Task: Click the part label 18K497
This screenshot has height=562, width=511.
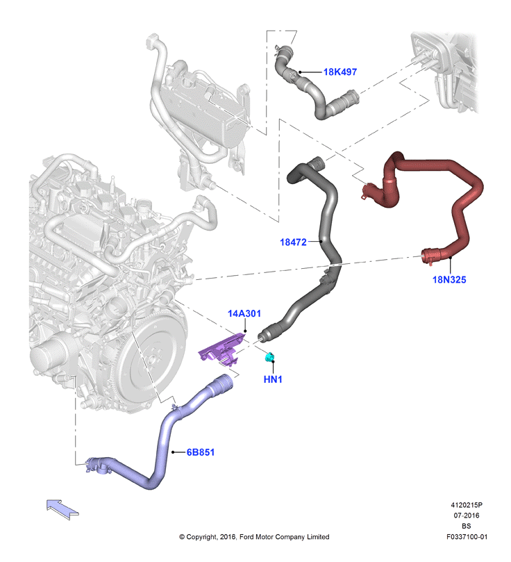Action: click(x=340, y=72)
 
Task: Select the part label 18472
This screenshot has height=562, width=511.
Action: click(x=293, y=242)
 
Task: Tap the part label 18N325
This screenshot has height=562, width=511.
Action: click(x=449, y=279)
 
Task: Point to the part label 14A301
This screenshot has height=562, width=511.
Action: click(x=244, y=313)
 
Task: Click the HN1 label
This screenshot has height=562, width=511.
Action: click(x=273, y=379)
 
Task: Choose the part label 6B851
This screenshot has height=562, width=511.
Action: click(x=201, y=452)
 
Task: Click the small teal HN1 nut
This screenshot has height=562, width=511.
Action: click(x=269, y=357)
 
